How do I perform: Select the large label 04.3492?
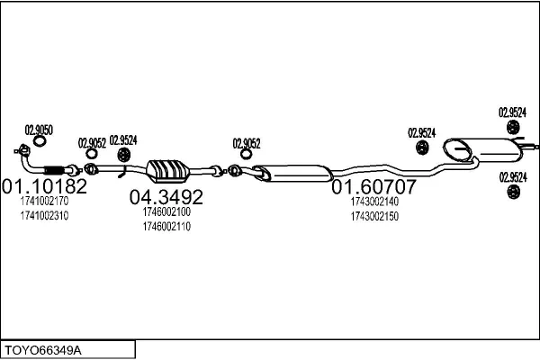click(166, 197)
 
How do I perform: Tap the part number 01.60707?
click(374, 188)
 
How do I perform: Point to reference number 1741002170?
click(43, 202)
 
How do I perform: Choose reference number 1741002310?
click(43, 216)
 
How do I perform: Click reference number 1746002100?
click(166, 211)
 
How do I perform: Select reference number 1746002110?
click(166, 226)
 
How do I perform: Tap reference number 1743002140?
click(374, 202)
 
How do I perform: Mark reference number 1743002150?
click(374, 216)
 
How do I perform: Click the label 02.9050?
click(39, 130)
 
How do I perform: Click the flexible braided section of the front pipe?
click(56, 171)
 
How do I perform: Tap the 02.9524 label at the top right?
click(512, 112)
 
